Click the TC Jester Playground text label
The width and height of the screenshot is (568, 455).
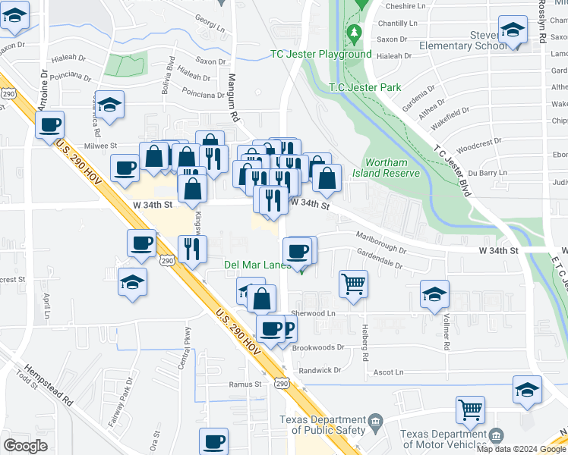pyautogui.click(x=321, y=54)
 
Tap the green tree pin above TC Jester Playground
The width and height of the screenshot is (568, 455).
pyautogui.click(x=354, y=33)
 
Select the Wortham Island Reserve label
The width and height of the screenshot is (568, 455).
pyautogui.click(x=392, y=168)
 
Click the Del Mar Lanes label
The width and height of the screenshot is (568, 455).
pyautogui.click(x=257, y=265)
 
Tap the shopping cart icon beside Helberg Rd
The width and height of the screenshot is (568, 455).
pyautogui.click(x=353, y=284)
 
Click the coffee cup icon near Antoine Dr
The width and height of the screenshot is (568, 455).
pyautogui.click(x=50, y=125)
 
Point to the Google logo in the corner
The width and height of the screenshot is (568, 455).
pyautogui.click(x=25, y=446)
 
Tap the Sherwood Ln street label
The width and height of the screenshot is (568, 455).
pyautogui.click(x=314, y=312)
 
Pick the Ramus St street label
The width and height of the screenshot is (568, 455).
pyautogui.click(x=245, y=384)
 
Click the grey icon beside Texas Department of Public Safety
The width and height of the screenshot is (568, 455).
pyautogui.click(x=375, y=421)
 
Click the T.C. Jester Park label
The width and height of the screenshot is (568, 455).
pyautogui.click(x=364, y=87)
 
